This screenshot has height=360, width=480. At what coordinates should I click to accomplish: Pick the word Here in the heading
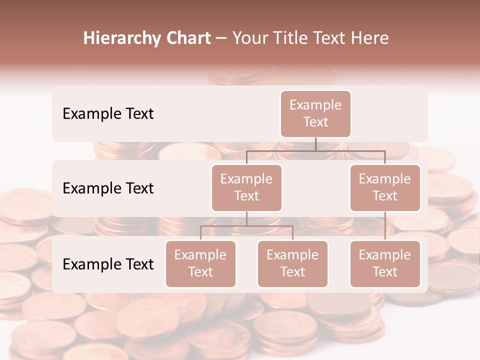(369, 38)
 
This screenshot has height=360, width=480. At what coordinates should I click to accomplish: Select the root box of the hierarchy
(315, 114)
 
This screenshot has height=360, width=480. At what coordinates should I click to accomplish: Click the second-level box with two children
(246, 188)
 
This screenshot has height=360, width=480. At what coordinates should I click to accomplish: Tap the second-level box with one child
(385, 188)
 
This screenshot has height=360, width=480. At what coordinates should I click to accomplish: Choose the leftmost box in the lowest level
(200, 264)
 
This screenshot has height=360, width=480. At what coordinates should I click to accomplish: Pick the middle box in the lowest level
(292, 264)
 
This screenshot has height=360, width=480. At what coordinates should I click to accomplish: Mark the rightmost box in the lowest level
(385, 264)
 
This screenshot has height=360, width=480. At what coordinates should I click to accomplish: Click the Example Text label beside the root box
(108, 114)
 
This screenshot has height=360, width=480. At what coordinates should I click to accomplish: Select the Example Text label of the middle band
(108, 188)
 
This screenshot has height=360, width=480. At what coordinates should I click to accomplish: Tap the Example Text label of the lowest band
(108, 264)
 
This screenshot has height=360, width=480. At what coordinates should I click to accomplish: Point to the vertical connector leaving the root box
(315, 144)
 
